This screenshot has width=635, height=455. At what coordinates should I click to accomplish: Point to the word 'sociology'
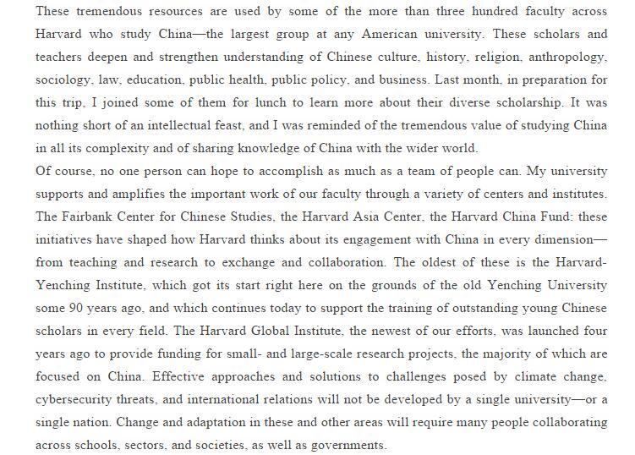pyautogui.click(x=62, y=79)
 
